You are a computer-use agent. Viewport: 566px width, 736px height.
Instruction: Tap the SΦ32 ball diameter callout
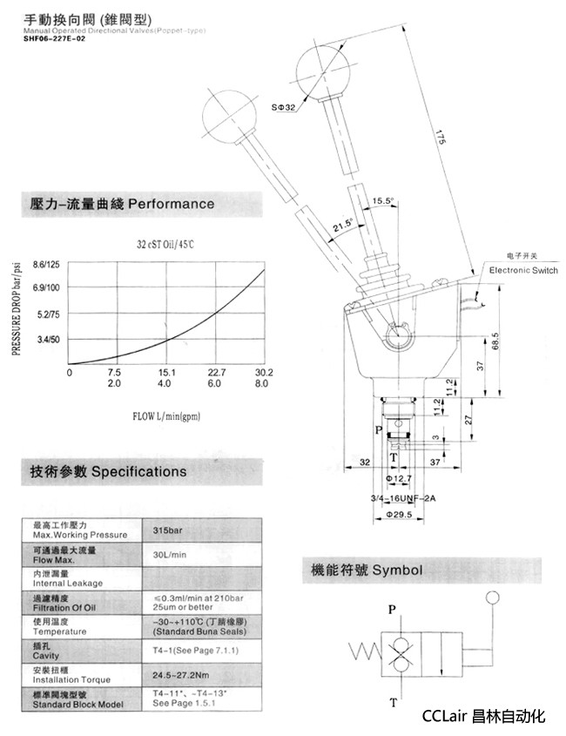click(284, 107)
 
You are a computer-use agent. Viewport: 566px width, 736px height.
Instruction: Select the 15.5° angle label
click(383, 200)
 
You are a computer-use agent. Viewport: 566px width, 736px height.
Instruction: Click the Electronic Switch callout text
click(522, 271)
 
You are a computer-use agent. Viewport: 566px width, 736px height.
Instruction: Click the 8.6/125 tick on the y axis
click(44, 264)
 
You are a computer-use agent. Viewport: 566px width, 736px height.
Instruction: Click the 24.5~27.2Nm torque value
click(181, 674)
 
